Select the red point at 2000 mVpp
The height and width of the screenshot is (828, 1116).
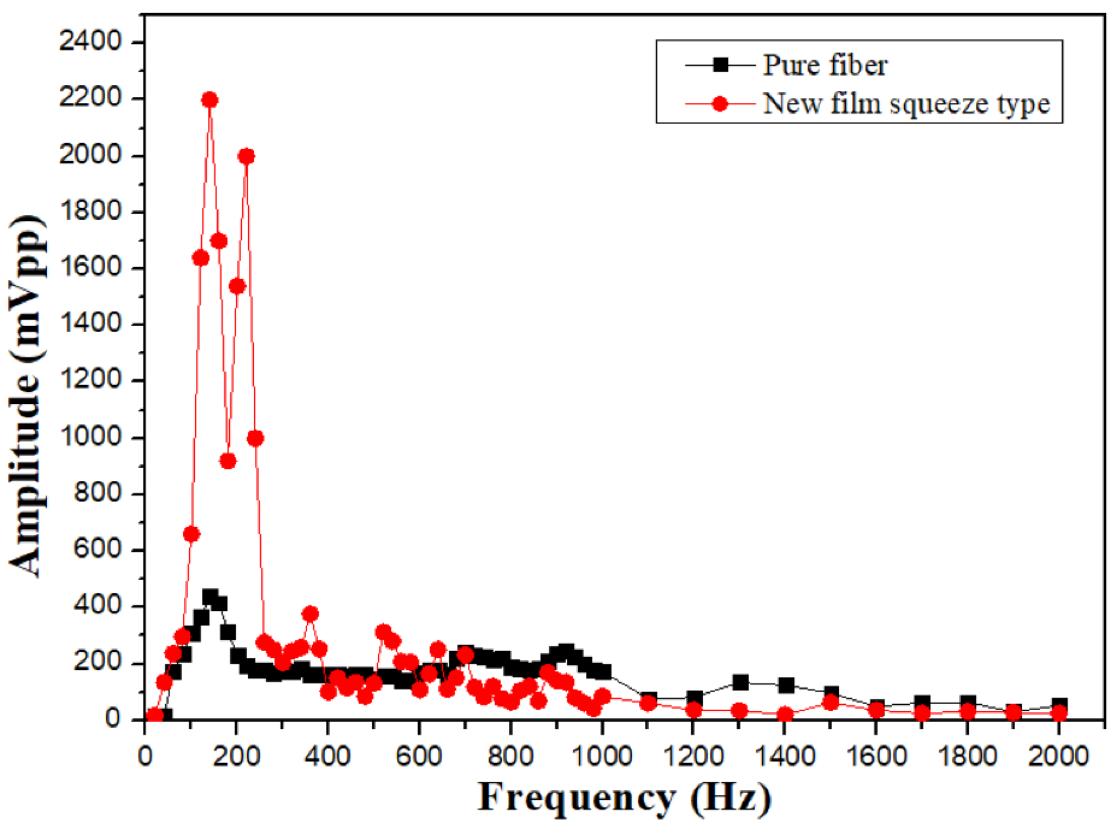(x=246, y=157)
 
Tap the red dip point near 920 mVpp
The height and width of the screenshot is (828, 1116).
(x=228, y=461)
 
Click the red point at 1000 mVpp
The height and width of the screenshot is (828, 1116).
(x=255, y=438)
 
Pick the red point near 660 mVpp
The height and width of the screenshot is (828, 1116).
(x=191, y=534)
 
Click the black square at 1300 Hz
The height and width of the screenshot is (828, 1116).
(x=740, y=682)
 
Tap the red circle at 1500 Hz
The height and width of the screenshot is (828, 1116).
(x=831, y=703)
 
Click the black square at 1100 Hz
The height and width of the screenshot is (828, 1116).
(x=648, y=699)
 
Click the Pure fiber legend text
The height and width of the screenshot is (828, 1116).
(x=825, y=65)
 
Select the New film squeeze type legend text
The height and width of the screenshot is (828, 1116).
(x=906, y=104)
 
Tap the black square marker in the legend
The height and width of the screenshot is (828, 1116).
(x=720, y=65)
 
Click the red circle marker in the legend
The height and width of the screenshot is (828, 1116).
(x=720, y=104)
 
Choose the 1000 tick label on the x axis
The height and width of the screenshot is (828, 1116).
(x=602, y=756)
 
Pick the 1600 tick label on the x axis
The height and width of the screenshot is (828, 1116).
(x=876, y=756)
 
